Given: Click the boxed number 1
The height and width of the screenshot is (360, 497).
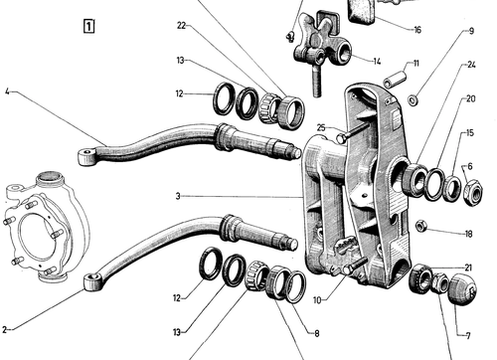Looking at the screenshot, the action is (88, 26).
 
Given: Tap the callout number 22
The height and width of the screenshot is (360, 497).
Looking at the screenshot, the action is (182, 26).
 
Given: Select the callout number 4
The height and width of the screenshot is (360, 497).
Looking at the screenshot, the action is (7, 91).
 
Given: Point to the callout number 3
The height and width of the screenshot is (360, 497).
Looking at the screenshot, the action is (178, 196).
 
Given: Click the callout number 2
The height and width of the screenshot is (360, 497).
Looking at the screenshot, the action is (4, 329).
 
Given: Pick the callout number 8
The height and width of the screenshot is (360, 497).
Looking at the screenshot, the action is (317, 333).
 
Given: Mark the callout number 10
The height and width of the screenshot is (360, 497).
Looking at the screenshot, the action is (317, 300).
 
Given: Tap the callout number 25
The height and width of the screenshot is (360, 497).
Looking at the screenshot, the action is (321, 127).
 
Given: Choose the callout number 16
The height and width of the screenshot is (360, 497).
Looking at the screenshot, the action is (417, 30).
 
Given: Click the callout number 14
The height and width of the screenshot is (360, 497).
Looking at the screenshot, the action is (377, 62).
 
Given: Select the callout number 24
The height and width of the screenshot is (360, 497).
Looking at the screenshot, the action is (471, 65).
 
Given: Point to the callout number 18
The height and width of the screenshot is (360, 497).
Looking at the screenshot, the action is (468, 234).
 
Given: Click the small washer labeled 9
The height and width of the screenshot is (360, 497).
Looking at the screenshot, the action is (413, 100).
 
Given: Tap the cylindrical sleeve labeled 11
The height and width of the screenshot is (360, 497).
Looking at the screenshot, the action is (395, 79).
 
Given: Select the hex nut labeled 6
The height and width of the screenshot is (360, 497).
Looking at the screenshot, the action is (473, 193).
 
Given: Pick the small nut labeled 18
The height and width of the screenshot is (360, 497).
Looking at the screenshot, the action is (420, 226).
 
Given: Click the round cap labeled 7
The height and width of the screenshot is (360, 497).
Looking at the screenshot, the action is (462, 288).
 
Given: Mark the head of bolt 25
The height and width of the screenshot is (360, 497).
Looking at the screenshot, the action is (340, 138).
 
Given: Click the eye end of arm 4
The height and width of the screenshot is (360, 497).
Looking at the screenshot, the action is (85, 157).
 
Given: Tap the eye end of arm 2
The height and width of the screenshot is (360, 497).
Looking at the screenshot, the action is (91, 281).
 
